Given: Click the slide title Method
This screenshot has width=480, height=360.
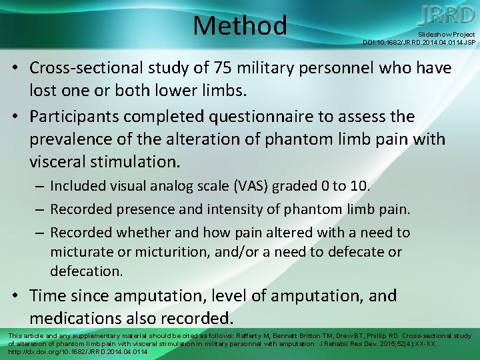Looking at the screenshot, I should pyautogui.click(x=240, y=26).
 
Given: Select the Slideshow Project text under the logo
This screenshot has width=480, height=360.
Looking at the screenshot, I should pyautogui.click(x=447, y=34).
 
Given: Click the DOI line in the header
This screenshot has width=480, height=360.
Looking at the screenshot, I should pyautogui.click(x=419, y=42).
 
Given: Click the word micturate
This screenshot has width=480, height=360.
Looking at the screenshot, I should pyautogui.click(x=79, y=253).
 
